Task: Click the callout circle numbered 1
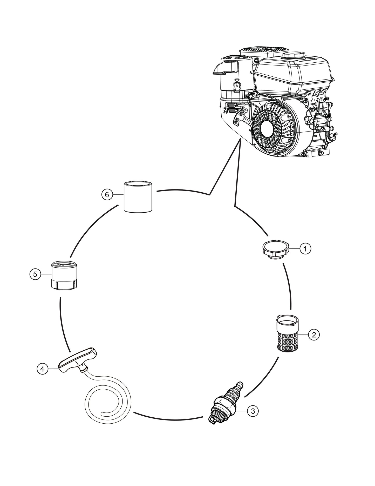click(x=305, y=249)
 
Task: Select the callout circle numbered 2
click(x=314, y=335)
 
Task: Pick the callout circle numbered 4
click(x=42, y=369)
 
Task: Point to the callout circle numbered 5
click(x=35, y=274)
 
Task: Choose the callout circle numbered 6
click(x=107, y=194)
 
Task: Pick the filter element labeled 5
click(x=64, y=275)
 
